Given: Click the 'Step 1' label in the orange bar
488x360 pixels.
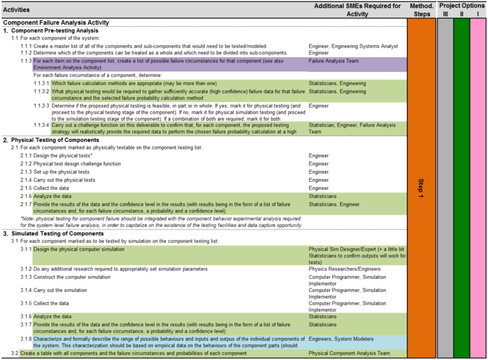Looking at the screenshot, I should click(423, 188).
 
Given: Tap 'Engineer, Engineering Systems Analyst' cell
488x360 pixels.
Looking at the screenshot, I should click(353, 46).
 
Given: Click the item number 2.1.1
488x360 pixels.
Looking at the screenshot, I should click(25, 156).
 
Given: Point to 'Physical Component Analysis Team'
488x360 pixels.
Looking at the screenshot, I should click(349, 353).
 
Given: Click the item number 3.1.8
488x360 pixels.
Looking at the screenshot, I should click(25, 339).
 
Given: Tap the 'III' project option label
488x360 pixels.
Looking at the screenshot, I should click(445, 13).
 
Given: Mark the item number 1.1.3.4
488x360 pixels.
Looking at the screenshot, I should click(42, 125).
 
